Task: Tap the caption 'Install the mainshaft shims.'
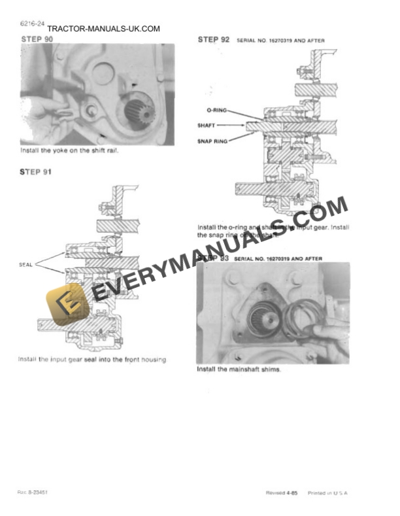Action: click(x=239, y=369)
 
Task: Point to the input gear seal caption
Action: click(x=93, y=359)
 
